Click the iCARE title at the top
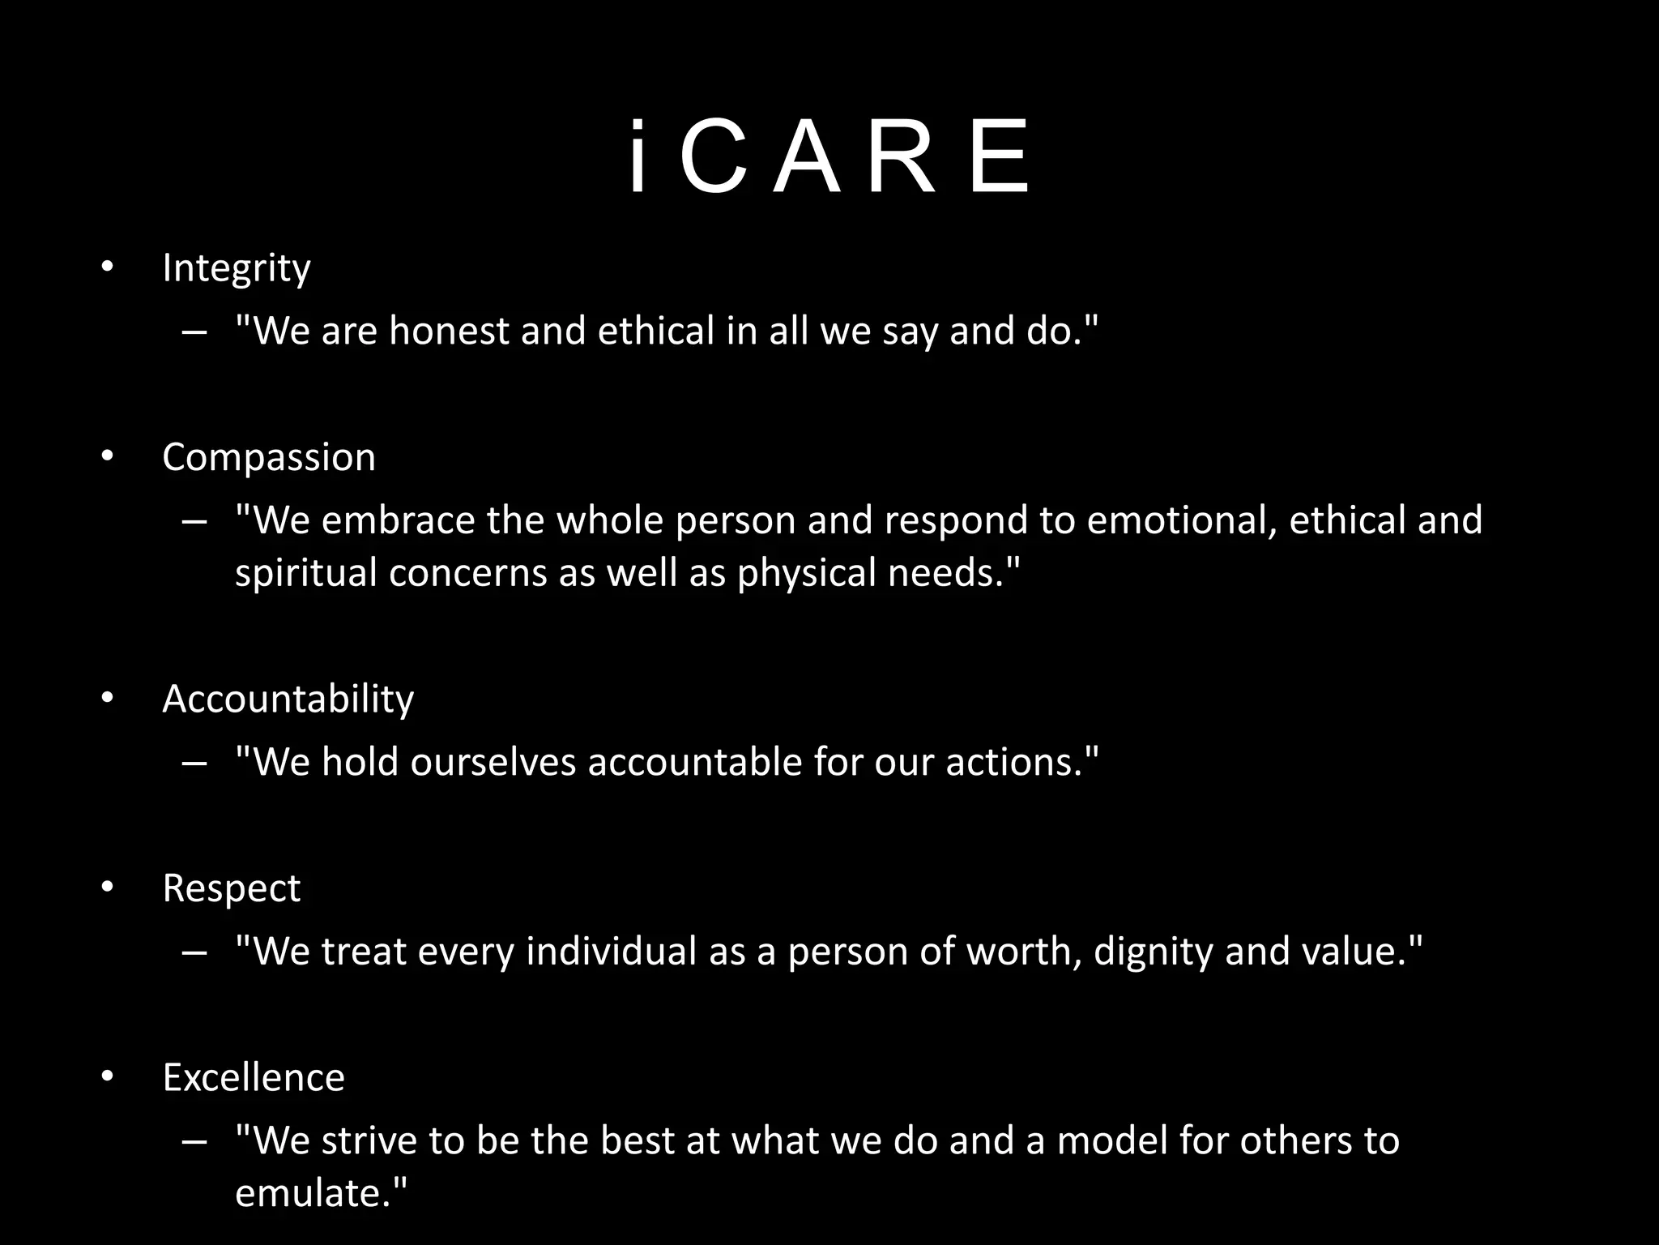[829, 158]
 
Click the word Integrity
[236, 268]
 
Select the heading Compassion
[269, 458]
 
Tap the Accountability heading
[288, 699]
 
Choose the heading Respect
[231, 888]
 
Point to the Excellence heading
[254, 1077]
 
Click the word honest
[449, 331]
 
